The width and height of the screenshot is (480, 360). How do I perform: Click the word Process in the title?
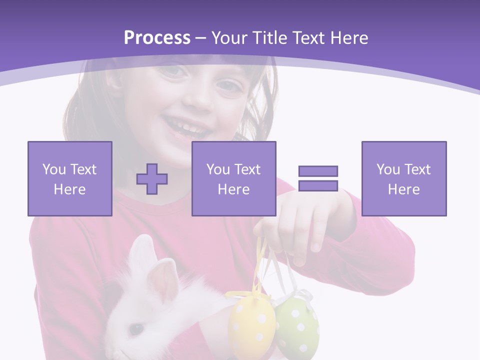(157, 38)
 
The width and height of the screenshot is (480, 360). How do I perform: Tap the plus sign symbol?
(152, 179)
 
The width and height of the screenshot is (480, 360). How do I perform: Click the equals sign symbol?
(318, 178)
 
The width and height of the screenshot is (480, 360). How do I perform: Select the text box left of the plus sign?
(70, 179)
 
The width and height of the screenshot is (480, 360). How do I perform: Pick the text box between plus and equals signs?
(233, 179)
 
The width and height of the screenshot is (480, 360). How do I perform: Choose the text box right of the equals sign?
(404, 179)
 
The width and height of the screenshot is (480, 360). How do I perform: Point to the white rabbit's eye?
(135, 329)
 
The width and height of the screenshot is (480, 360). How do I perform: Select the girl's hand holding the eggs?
(300, 225)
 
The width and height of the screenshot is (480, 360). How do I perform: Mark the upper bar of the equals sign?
(318, 171)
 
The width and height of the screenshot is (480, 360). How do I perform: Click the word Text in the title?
(308, 38)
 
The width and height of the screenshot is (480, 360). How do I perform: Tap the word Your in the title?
(230, 38)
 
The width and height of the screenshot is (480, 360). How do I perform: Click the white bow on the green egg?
(300, 295)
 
